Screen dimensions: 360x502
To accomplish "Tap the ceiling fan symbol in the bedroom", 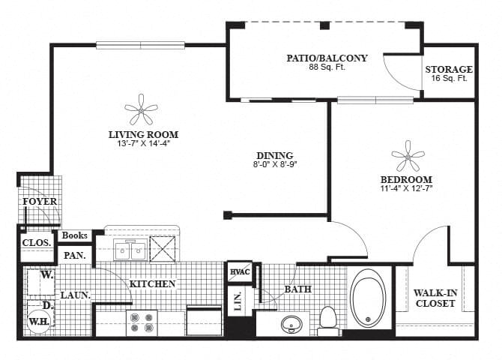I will coord(407,157).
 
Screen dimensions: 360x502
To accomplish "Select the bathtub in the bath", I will coord(369,298).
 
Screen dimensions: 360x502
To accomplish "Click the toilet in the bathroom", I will coord(327,317).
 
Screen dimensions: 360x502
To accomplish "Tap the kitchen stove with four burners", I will coord(142,322).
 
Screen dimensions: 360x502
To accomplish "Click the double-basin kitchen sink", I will coord(131,250).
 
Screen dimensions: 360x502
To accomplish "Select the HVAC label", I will coord(239,272).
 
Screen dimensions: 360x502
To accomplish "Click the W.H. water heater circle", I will coord(37,322).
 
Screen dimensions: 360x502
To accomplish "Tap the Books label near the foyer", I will coord(75,235).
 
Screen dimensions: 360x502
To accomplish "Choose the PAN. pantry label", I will coord(74,255).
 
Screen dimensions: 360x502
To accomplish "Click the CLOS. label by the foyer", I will coord(37,242).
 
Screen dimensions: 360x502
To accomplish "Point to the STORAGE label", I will coord(449,70).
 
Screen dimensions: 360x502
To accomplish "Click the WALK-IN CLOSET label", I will coord(435,298).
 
